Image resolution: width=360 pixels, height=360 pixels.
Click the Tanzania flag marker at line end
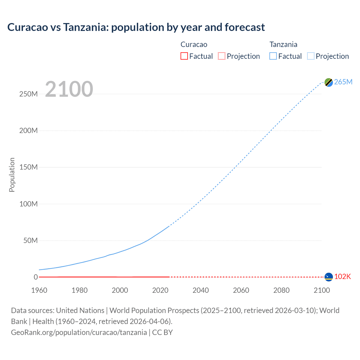(328, 82)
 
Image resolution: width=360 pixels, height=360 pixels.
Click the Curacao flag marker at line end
(328, 277)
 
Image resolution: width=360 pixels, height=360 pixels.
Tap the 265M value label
(343, 82)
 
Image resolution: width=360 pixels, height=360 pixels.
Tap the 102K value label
(343, 277)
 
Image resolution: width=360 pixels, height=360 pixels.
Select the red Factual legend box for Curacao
(184, 56)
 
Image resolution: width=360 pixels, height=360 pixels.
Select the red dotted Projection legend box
(222, 56)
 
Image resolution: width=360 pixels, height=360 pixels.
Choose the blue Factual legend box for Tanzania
(273, 56)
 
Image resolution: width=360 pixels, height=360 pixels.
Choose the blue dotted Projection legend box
(311, 56)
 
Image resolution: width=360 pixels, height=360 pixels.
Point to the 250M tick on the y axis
(28, 94)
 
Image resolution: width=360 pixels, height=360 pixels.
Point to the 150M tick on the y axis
(28, 167)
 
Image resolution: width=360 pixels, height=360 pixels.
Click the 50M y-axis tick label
(30, 241)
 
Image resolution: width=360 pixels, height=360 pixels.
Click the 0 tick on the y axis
(36, 277)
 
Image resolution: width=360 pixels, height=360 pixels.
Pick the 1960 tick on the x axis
(39, 290)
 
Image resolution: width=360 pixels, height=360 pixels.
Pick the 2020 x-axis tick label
(160, 290)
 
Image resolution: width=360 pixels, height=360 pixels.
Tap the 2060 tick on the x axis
(241, 290)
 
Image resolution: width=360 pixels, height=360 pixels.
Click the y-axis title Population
(12, 175)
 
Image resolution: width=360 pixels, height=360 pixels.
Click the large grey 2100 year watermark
(69, 89)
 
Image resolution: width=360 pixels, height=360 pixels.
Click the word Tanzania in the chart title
(85, 27)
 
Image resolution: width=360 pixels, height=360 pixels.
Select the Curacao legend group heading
(194, 44)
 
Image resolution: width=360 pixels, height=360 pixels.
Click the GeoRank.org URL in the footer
(79, 332)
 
